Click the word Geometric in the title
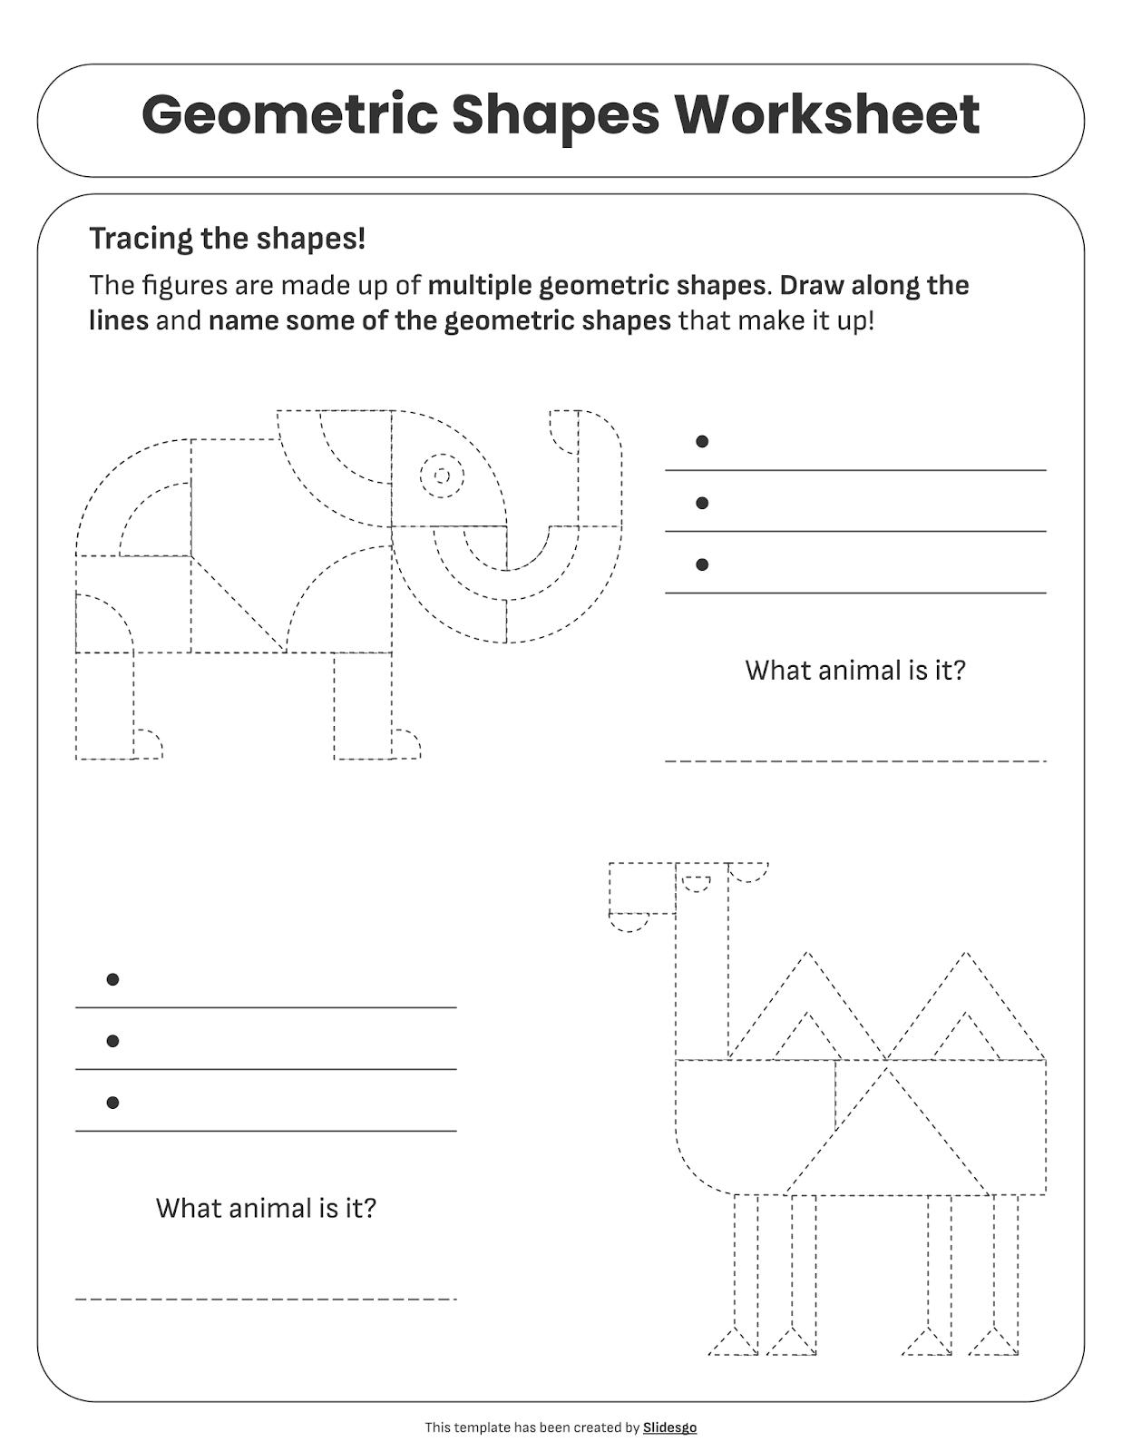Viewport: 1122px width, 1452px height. (288, 115)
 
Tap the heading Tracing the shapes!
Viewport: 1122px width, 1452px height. (227, 239)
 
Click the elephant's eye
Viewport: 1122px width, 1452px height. (442, 476)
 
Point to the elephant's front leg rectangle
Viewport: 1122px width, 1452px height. (363, 706)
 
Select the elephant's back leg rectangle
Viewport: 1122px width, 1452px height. (104, 706)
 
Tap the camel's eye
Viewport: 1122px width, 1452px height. (697, 883)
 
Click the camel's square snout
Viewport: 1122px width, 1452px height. (642, 888)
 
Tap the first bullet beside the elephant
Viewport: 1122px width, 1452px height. (701, 442)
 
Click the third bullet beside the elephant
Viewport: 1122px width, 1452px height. (701, 564)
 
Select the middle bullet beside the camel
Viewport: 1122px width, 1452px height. (112, 1041)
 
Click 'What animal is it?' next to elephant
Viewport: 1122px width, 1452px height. (854, 671)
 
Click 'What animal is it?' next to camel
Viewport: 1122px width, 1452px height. (266, 1209)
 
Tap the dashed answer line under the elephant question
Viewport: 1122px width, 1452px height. (854, 760)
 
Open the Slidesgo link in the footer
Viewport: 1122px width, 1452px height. (669, 1427)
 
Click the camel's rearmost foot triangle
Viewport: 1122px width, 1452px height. (994, 1343)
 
